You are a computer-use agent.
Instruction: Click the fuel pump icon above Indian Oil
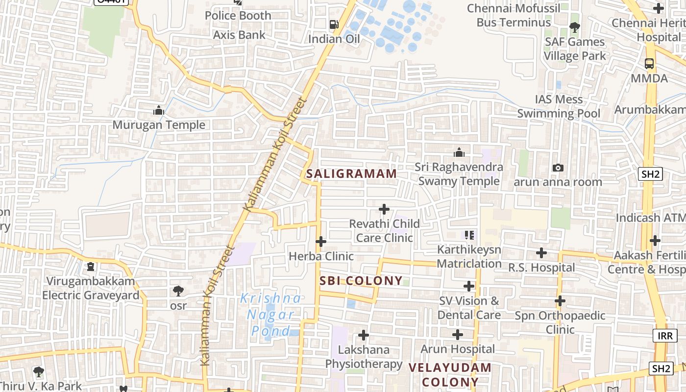(334, 24)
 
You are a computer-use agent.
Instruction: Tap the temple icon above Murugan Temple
(158, 111)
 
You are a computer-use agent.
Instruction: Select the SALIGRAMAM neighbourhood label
(351, 173)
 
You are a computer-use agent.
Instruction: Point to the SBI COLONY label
(361, 281)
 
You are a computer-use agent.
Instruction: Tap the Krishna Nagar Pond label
(270, 315)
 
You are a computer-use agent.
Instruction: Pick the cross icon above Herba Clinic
(321, 242)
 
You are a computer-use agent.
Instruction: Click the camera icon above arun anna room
(558, 168)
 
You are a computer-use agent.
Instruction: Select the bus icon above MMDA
(649, 64)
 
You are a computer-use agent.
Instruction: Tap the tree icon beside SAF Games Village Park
(574, 27)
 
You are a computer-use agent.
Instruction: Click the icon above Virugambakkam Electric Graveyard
(90, 267)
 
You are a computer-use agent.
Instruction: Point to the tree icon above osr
(178, 291)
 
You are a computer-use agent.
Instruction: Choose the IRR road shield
(665, 336)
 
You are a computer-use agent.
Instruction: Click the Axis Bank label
(239, 35)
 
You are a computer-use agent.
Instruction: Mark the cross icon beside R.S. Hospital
(541, 253)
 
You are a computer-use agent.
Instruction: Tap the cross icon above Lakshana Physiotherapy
(364, 335)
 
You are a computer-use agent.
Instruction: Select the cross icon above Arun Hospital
(458, 335)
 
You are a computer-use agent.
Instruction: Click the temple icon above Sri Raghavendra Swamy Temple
(459, 153)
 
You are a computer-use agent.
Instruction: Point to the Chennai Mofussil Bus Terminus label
(514, 15)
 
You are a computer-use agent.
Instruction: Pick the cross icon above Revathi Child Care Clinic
(384, 210)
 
